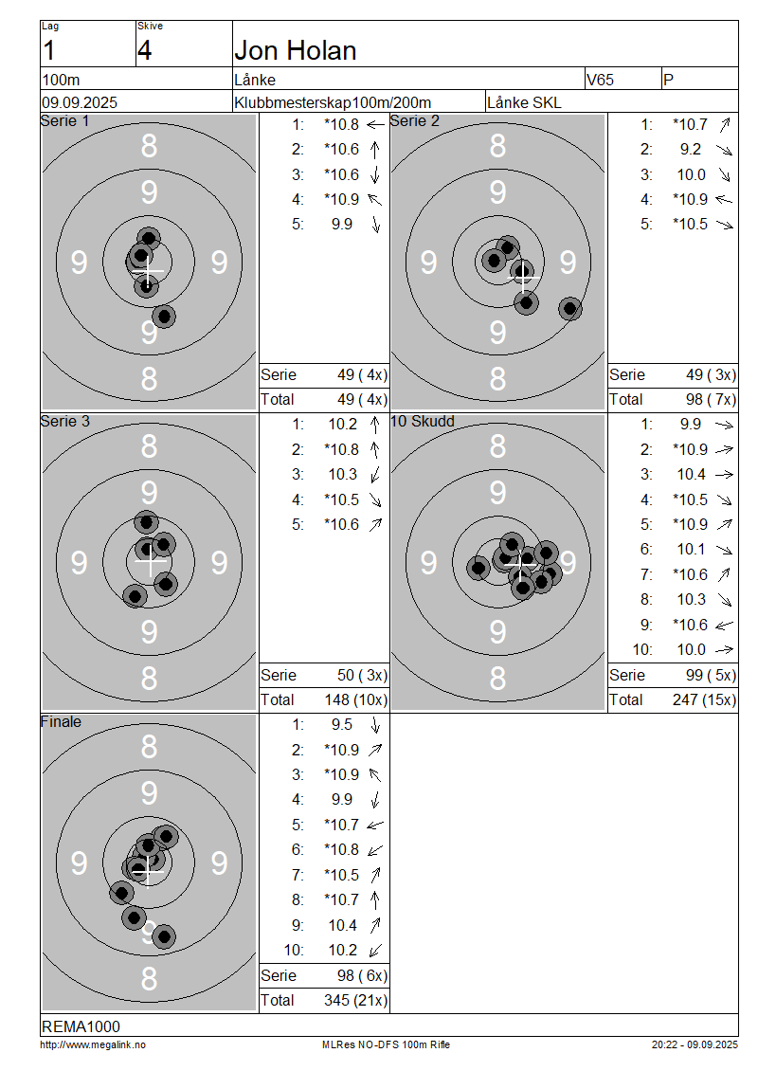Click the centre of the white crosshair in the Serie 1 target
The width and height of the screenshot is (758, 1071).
point(148,271)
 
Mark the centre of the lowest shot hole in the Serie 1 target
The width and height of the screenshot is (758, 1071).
point(164,317)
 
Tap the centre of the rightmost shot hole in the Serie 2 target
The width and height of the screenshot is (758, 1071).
point(569,309)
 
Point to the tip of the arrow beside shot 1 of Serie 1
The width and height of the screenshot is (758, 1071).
point(368,125)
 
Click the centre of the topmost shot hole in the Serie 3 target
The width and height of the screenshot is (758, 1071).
point(146,522)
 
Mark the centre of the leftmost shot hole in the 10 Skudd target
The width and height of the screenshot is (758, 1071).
point(478,567)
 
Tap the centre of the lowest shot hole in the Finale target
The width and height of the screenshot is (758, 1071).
point(164,936)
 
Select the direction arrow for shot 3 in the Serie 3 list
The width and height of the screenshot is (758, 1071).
point(375,475)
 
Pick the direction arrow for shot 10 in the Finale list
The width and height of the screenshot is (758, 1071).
point(375,950)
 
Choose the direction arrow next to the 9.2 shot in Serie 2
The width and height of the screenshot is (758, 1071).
point(725,150)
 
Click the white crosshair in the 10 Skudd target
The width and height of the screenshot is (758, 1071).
point(522,564)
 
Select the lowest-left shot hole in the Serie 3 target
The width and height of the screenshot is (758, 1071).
point(135,596)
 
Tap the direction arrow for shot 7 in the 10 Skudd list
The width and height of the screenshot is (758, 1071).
point(724,575)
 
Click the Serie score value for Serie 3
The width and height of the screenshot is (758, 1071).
point(362,676)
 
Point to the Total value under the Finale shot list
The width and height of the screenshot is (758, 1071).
point(355,1001)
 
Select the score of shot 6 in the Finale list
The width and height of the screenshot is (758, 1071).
point(341,850)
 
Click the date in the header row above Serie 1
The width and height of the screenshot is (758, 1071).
point(80,102)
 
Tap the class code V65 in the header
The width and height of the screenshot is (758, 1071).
point(601,80)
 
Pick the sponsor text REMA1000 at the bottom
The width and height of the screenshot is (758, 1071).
point(81,1026)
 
